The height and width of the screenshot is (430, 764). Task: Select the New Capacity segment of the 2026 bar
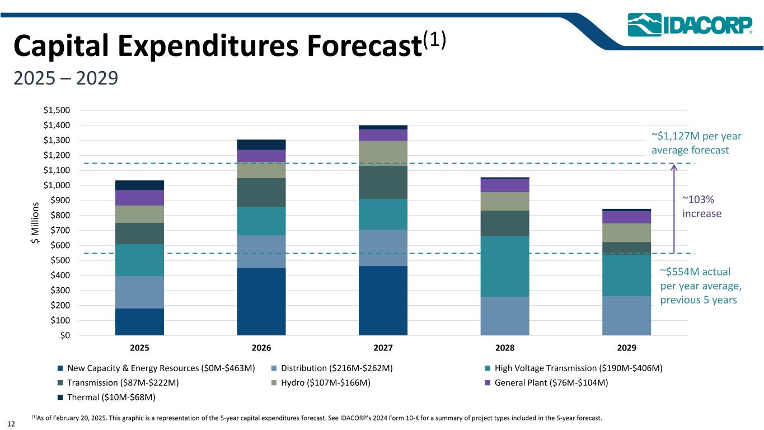click(261, 301)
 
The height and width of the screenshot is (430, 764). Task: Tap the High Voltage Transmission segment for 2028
click(505, 266)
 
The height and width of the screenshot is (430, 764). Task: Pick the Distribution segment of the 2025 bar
click(139, 292)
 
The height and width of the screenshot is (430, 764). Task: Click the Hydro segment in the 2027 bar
click(383, 153)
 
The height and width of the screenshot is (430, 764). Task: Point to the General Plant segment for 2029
click(626, 217)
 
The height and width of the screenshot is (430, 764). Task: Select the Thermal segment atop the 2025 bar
click(139, 185)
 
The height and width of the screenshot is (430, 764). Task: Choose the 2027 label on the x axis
click(383, 348)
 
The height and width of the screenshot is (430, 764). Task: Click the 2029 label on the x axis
click(626, 348)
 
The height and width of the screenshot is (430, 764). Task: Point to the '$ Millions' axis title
click(35, 223)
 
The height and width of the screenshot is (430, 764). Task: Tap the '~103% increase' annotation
click(702, 207)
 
